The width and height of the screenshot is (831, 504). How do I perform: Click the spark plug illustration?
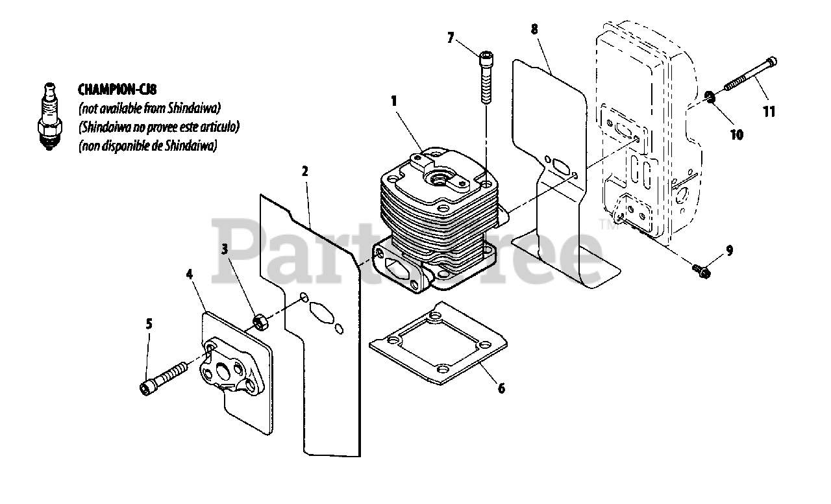point(49,117)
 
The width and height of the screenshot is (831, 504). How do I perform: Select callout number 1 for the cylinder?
point(393,101)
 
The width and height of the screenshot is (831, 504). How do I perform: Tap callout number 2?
point(304,171)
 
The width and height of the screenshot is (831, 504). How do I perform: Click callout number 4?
point(190,274)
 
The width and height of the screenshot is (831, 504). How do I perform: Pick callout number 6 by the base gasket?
point(501,388)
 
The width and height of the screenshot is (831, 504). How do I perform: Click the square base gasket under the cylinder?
point(438,342)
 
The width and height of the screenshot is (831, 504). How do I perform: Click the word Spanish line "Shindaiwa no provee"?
point(158,126)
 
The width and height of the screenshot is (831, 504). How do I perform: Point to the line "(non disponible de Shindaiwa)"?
point(147,146)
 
